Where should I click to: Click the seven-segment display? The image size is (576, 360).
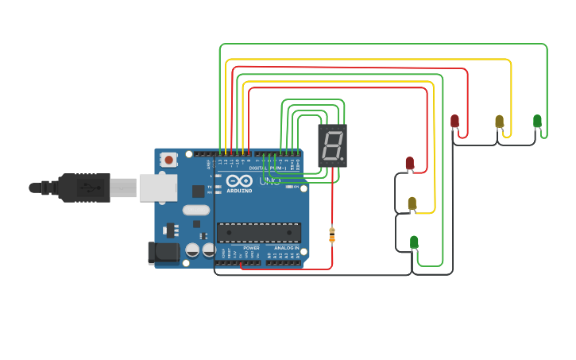coord(332,145)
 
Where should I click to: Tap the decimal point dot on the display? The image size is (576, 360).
coord(342,159)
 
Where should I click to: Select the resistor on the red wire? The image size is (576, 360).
coord(332,235)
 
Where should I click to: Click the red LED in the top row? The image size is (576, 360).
coord(454,121)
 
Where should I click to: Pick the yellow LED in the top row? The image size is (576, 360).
coord(499,121)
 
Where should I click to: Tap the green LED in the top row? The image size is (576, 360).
coord(537,121)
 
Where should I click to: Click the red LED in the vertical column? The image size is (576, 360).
coord(410,163)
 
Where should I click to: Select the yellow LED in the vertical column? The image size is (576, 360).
coord(412,203)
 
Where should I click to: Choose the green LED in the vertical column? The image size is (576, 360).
coord(414,242)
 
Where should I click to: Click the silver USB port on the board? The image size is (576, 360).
coord(157,188)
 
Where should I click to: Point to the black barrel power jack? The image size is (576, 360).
coord(164,253)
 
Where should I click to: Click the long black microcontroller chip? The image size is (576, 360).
coord(259,232)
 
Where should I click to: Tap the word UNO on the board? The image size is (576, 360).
coord(270,181)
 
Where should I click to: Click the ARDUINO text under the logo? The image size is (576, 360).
coord(239,191)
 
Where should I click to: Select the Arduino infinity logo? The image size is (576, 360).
coord(239,180)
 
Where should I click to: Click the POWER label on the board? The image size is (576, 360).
coord(251,248)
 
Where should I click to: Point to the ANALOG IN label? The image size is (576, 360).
coord(286,248)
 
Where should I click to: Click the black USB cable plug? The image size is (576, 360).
coord(83,188)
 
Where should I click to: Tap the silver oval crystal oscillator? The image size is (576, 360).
coord(195,211)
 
